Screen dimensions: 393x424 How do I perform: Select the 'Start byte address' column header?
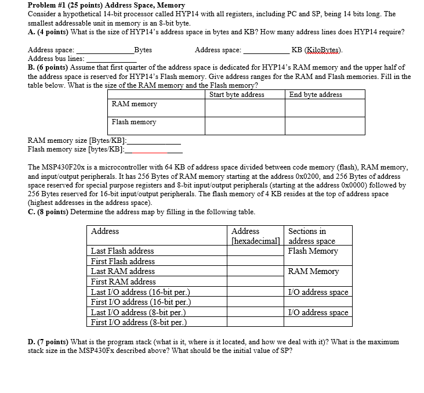click(x=237, y=95)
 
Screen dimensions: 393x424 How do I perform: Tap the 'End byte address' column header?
click(x=316, y=95)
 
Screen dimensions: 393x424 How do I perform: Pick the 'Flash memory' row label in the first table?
click(x=134, y=122)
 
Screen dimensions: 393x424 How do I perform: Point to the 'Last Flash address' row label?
click(x=122, y=251)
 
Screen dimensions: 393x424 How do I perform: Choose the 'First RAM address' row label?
click(x=124, y=282)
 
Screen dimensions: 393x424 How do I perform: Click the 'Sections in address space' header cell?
click(x=312, y=236)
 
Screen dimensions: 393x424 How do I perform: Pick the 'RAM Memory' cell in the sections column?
click(x=313, y=271)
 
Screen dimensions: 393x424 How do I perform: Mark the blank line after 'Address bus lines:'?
click(x=111, y=59)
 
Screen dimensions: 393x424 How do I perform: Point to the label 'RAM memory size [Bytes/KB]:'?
click(x=77, y=140)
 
